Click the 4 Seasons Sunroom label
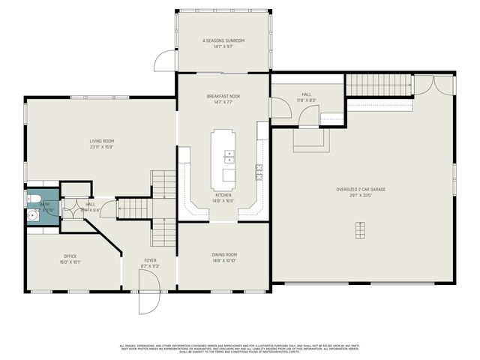click(223, 40)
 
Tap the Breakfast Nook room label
click(223, 97)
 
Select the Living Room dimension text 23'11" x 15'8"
click(101, 146)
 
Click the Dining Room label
click(223, 254)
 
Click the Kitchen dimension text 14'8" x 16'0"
click(223, 201)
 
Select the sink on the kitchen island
click(229, 157)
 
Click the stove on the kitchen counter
click(259, 172)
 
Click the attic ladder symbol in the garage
click(361, 229)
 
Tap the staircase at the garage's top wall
click(379, 86)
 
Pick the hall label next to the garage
click(307, 94)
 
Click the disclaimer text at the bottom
click(240, 348)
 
